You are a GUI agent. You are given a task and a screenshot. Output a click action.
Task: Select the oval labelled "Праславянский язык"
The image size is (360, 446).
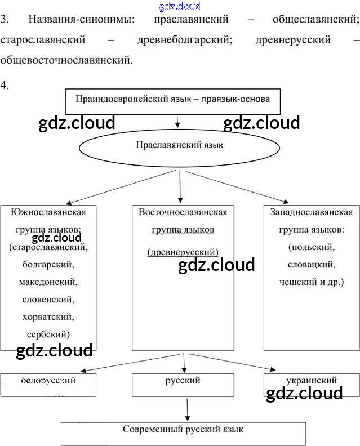tap(179, 145)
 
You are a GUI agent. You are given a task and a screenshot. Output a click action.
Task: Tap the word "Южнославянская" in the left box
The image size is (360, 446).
tap(48, 212)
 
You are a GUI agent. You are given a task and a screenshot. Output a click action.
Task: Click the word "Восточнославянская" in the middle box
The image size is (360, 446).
tap(183, 212)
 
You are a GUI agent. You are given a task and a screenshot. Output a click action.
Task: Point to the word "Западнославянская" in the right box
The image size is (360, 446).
tap(311, 212)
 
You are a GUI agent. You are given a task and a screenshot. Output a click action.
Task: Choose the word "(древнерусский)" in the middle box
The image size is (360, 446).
tap(183, 252)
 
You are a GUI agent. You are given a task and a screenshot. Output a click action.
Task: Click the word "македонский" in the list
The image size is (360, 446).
tap(48, 281)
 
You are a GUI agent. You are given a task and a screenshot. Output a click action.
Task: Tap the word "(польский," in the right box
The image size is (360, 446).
tap(311, 247)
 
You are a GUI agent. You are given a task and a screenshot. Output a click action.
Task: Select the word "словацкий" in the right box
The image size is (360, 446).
tap(311, 264)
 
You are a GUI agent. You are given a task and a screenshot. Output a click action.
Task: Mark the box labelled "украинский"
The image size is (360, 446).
tap(311, 384)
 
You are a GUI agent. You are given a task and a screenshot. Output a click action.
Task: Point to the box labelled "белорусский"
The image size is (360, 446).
tap(48, 384)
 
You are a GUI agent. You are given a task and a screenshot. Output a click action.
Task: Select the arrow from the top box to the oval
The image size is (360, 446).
tap(178, 122)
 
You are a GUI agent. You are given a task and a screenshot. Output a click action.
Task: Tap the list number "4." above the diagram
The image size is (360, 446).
tap(5, 86)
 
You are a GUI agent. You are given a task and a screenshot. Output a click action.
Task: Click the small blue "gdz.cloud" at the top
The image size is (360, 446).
tap(180, 6)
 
